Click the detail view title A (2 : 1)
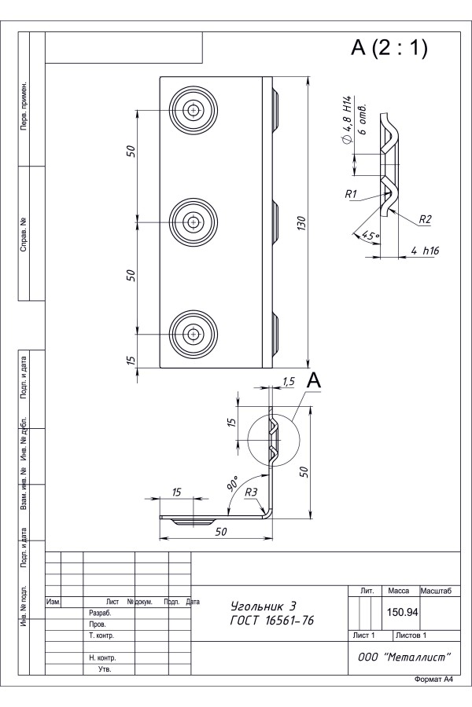point(389,48)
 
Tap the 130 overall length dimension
point(302,224)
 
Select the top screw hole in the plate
point(194,109)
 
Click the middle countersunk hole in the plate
point(194,222)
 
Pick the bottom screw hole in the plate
point(194,334)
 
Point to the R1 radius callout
point(351,194)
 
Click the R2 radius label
point(425,220)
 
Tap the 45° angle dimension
point(371,236)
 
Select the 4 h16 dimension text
point(425,251)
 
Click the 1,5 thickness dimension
point(288,382)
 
